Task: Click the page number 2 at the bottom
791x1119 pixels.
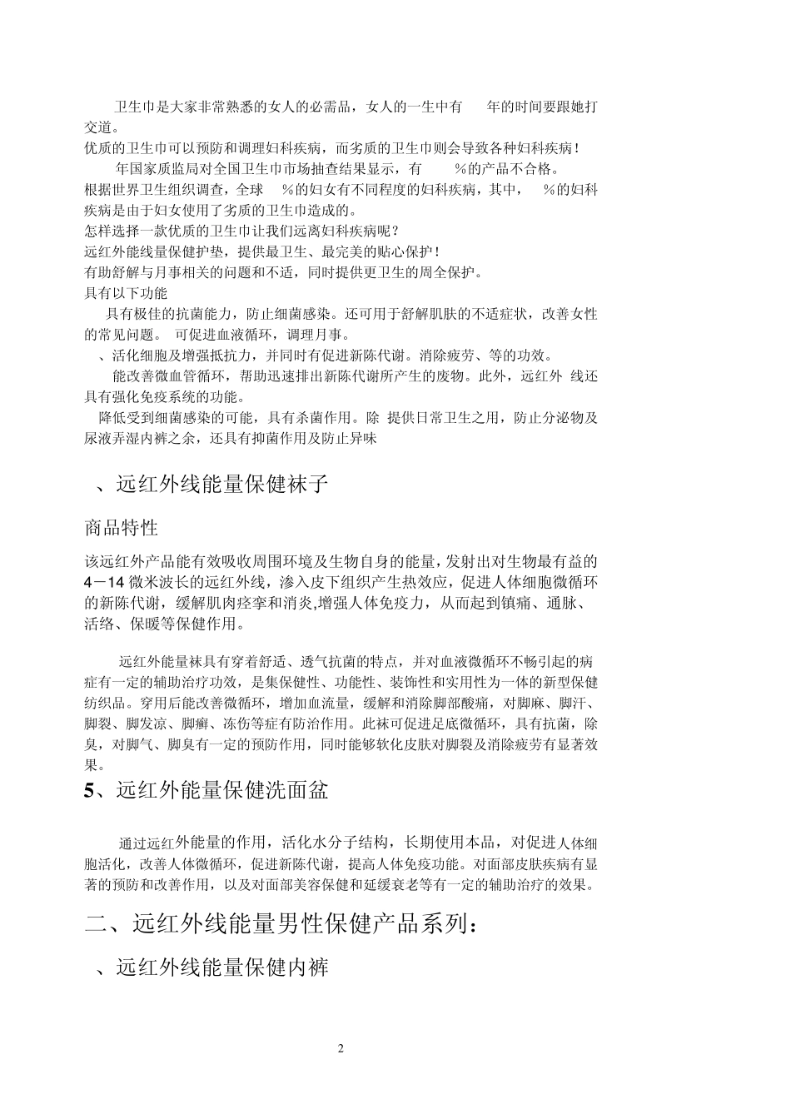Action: click(341, 1048)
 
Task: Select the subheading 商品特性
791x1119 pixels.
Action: click(122, 528)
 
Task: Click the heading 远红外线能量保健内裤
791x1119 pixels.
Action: click(222, 967)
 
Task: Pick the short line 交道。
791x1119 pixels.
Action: click(102, 127)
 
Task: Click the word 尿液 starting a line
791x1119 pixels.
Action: click(98, 438)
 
